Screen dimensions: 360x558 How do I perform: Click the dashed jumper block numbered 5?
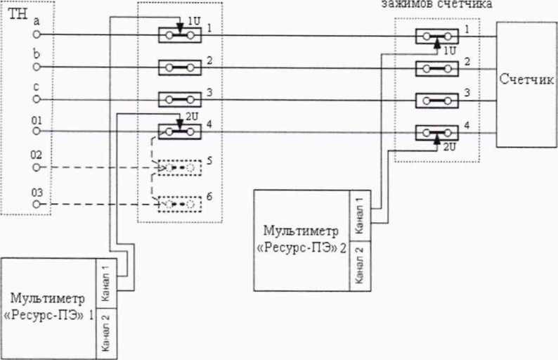pyautogui.click(x=179, y=167)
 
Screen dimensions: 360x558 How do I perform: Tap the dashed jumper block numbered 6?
pyautogui.click(x=179, y=203)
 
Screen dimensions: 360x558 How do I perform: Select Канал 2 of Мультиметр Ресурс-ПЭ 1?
pyautogui.click(x=106, y=335)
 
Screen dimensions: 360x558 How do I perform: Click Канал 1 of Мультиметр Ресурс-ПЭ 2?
pyautogui.click(x=358, y=215)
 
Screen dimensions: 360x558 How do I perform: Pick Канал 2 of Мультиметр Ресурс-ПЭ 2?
pyautogui.click(x=358, y=264)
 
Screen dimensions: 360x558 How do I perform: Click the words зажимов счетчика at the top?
pyautogui.click(x=436, y=4)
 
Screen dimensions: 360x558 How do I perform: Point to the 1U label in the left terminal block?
pyautogui.click(x=193, y=22)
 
